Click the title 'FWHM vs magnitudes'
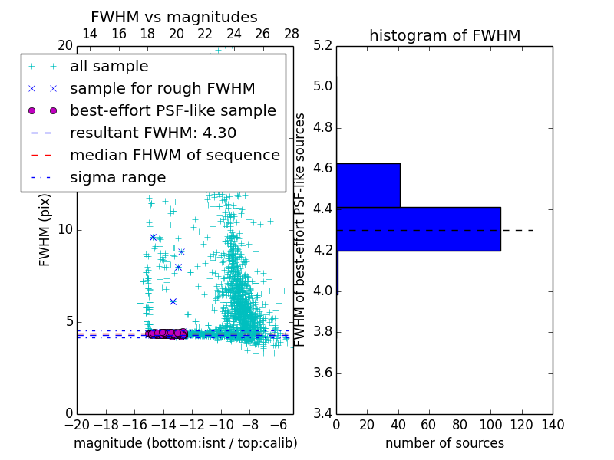pyautogui.click(x=174, y=18)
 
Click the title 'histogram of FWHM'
pyautogui.click(x=444, y=35)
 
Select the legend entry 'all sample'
pyautogui.click(x=109, y=67)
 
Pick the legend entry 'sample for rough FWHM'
pyautogui.click(x=162, y=88)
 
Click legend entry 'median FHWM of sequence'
pyautogui.click(x=174, y=155)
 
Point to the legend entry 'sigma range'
pyautogui.click(x=117, y=177)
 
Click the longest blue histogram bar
pyautogui.click(x=418, y=228)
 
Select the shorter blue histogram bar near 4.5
pyautogui.click(x=368, y=185)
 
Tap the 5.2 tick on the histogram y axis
pyautogui.click(x=322, y=45)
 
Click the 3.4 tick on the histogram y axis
pyautogui.click(x=322, y=414)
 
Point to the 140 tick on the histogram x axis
pyautogui.click(x=553, y=425)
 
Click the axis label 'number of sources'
pyautogui.click(x=444, y=443)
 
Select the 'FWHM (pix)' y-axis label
pyautogui.click(x=45, y=229)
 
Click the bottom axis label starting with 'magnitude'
pyautogui.click(x=185, y=443)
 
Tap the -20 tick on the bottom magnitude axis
pyautogui.click(x=77, y=425)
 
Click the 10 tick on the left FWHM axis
pyautogui.click(x=65, y=229)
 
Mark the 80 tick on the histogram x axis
pyautogui.click(x=460, y=425)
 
